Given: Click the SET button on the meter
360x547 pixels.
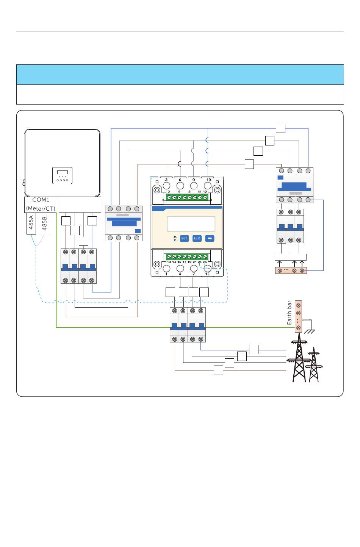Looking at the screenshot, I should pos(184,238).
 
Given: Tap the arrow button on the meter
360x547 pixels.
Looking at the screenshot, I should pos(210,238).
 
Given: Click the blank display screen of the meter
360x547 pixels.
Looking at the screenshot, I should pos(191,223).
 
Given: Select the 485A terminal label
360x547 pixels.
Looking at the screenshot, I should pos(31,223).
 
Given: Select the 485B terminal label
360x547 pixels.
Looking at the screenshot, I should pos(44,223).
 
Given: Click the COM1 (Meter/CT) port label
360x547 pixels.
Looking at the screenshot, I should pos(41,204).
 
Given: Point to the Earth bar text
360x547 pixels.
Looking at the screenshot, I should pos(290,313).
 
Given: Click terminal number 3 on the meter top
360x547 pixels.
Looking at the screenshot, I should pos(166,180).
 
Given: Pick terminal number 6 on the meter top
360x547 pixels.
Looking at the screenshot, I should pos(180,180).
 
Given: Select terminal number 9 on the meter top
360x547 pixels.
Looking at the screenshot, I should pos(194,180).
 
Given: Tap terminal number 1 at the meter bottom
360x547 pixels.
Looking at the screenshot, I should pos(166,274).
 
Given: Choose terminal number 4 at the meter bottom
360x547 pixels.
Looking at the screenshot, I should pos(180,274).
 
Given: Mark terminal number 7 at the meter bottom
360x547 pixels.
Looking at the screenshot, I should pos(194,274).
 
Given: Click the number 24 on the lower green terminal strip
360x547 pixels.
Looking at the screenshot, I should pos(200,262).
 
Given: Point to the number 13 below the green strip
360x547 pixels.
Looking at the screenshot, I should pos(169,262).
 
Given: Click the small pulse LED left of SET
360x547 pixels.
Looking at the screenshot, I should pos(175,240).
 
